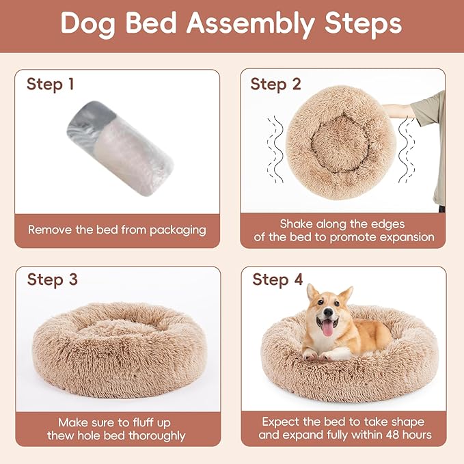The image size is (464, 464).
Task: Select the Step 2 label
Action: (x=275, y=84)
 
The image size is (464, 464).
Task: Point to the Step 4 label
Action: (x=277, y=279)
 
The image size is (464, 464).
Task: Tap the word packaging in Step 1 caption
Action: (x=175, y=230)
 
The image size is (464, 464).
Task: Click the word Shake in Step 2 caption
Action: (x=297, y=223)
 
